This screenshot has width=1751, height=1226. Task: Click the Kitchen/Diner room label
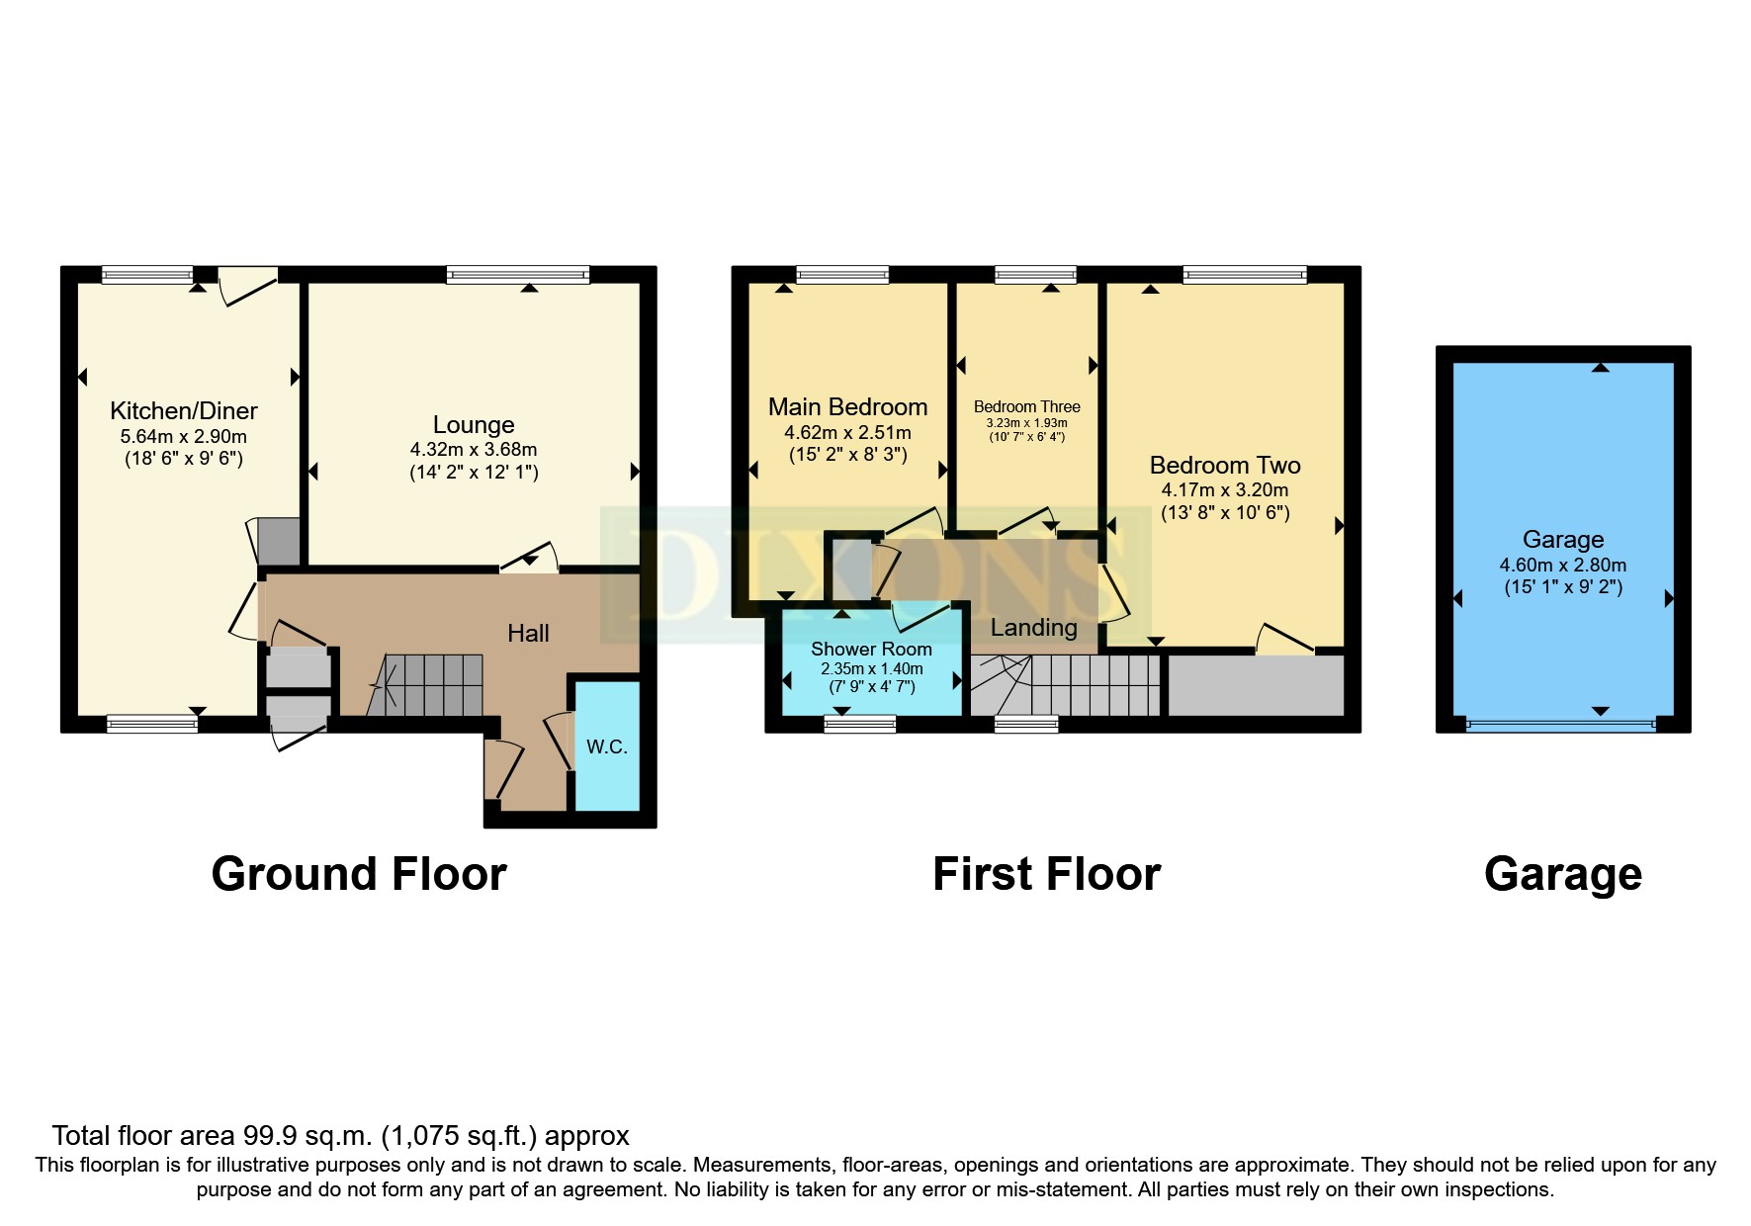pyautogui.click(x=184, y=411)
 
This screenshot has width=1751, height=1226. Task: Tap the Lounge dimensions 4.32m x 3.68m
pyautogui.click(x=474, y=450)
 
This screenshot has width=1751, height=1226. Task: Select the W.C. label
pyautogui.click(x=607, y=746)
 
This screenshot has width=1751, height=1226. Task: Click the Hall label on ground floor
pyautogui.click(x=528, y=634)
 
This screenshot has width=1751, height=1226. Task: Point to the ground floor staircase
pyautogui.click(x=425, y=684)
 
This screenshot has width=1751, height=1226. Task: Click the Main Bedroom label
pyautogui.click(x=848, y=407)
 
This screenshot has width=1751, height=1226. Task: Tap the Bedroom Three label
pyautogui.click(x=1027, y=406)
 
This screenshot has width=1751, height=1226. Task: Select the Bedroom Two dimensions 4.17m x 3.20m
pyautogui.click(x=1225, y=490)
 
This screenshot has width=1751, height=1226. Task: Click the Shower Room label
pyautogui.click(x=871, y=650)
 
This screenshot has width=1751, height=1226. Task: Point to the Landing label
pyautogui.click(x=1034, y=628)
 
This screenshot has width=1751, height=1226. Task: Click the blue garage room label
pyautogui.click(x=1563, y=540)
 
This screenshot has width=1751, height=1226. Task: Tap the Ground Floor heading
pyautogui.click(x=359, y=874)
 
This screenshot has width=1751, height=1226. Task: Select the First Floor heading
pyautogui.click(x=1047, y=874)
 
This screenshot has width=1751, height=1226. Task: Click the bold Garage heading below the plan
pyautogui.click(x=1563, y=875)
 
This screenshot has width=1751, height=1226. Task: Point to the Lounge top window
pyautogui.click(x=518, y=275)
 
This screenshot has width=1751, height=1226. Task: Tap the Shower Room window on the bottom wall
pyautogui.click(x=860, y=725)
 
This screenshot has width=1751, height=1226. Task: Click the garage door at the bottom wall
pyautogui.click(x=1561, y=726)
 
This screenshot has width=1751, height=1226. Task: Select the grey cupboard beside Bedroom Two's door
pyautogui.click(x=1257, y=685)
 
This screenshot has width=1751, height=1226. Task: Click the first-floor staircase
pyautogui.click(x=1065, y=684)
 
